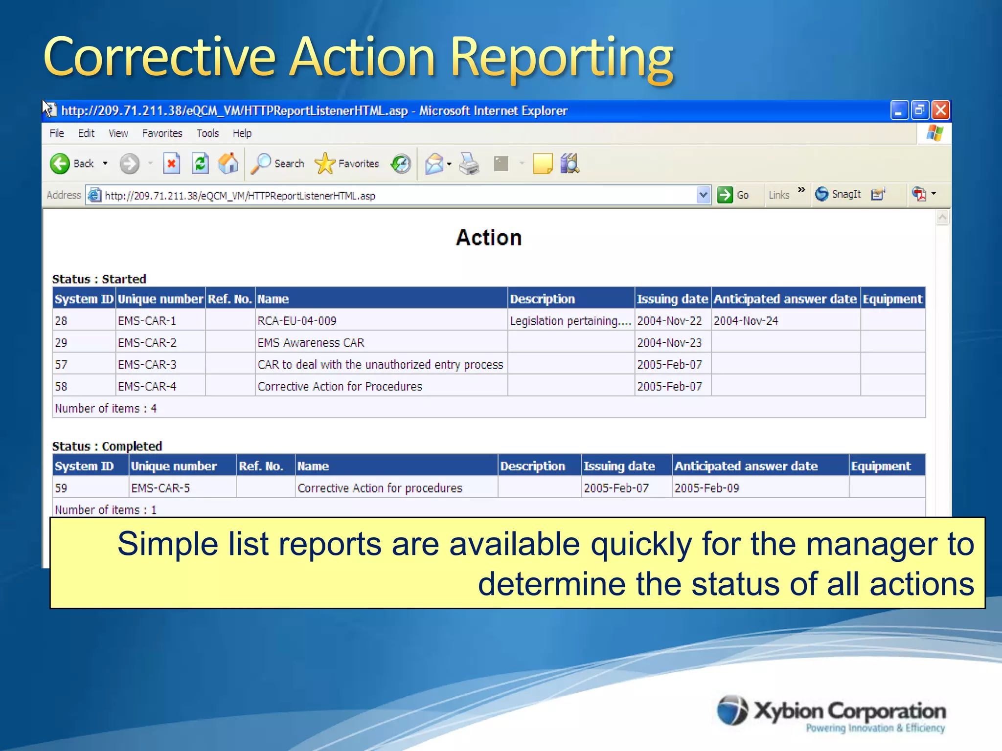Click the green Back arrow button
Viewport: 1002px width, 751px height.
(60, 163)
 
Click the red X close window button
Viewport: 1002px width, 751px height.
(940, 110)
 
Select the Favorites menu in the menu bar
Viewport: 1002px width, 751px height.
(162, 133)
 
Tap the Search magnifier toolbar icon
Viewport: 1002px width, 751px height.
(261, 163)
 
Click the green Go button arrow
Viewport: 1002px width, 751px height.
(725, 195)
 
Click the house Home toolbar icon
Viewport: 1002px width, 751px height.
(228, 163)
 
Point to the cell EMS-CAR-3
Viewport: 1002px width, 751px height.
(147, 365)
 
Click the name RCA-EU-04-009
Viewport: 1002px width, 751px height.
(297, 321)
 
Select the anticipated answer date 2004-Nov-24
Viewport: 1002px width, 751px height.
(746, 321)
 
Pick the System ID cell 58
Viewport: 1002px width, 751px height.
(61, 387)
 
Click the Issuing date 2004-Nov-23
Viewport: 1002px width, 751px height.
(669, 343)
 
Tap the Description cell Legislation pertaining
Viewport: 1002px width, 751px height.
(570, 321)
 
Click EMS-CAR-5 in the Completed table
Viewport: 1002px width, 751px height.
(160, 488)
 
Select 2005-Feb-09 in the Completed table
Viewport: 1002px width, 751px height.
(706, 488)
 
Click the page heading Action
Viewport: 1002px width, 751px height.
(489, 238)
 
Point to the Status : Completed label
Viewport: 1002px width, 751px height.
(107, 446)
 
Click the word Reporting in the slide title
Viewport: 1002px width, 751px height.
(561, 59)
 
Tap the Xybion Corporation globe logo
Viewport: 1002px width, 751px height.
(732, 710)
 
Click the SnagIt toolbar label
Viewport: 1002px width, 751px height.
(846, 195)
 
